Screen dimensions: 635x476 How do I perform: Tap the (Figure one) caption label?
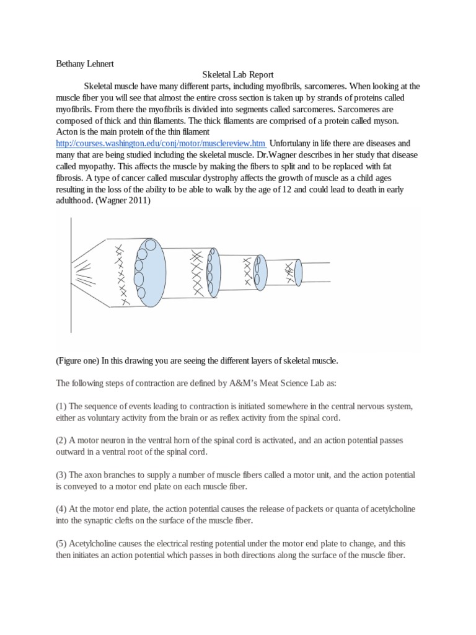[x=77, y=361]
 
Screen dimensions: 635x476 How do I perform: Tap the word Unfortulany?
[x=293, y=143]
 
